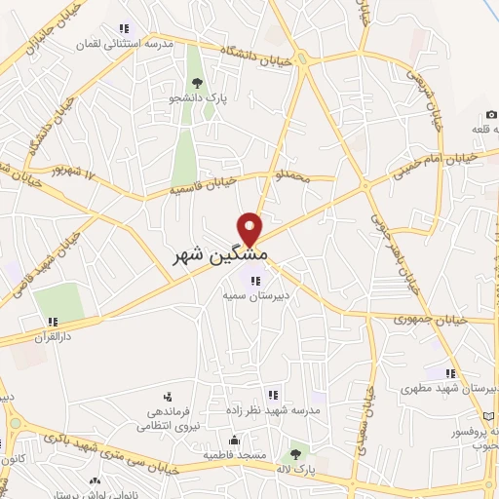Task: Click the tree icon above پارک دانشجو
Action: (198, 83)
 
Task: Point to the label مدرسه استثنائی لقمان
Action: (124, 45)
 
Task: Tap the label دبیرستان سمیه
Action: (243, 294)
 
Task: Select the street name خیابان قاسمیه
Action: (203, 180)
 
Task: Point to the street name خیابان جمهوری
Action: (432, 319)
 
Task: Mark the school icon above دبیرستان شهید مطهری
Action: (450, 372)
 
